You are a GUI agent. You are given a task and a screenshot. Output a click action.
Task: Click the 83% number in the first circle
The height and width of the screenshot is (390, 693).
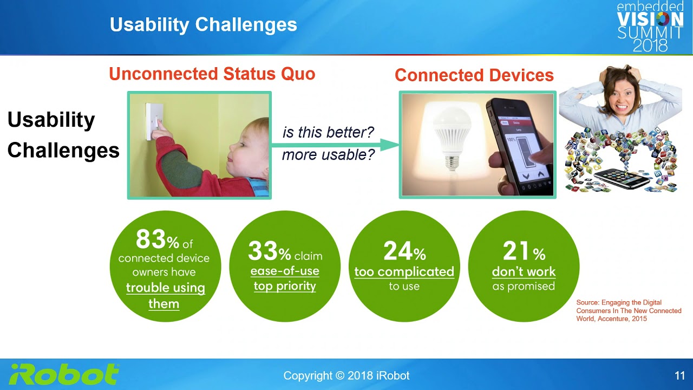pyautogui.click(x=157, y=239)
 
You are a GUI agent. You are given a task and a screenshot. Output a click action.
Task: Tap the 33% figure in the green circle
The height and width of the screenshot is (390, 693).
pyautogui.click(x=270, y=251)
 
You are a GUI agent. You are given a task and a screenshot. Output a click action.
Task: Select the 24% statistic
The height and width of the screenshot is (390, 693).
pyautogui.click(x=404, y=251)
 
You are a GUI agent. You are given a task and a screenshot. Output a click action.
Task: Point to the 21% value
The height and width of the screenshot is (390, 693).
pyautogui.click(x=524, y=251)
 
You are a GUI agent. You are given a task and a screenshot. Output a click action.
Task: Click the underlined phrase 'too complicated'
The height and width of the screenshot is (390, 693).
pyautogui.click(x=404, y=272)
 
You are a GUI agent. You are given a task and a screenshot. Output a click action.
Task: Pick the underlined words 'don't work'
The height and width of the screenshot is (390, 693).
pyautogui.click(x=524, y=272)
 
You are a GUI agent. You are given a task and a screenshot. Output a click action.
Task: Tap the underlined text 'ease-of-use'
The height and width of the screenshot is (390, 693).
pyautogui.click(x=285, y=271)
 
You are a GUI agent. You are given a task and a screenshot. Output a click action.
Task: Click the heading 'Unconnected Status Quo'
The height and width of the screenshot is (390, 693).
pyautogui.click(x=212, y=74)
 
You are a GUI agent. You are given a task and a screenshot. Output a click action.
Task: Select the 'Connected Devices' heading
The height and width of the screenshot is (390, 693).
pyautogui.click(x=474, y=75)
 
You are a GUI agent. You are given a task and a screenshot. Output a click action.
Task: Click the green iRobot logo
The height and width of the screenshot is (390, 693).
pyautogui.click(x=64, y=374)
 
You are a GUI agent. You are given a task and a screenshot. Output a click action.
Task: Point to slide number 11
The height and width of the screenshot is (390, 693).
pyautogui.click(x=679, y=376)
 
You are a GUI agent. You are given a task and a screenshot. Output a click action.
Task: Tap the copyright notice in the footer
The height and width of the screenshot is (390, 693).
pyautogui.click(x=346, y=376)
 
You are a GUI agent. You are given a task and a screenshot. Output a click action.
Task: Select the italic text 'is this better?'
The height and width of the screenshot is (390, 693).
pyautogui.click(x=328, y=133)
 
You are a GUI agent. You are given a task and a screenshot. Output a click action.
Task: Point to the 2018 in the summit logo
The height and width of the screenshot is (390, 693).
pyautogui.click(x=650, y=45)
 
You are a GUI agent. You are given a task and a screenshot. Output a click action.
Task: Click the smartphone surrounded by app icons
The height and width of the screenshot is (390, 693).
pyautogui.click(x=623, y=179)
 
